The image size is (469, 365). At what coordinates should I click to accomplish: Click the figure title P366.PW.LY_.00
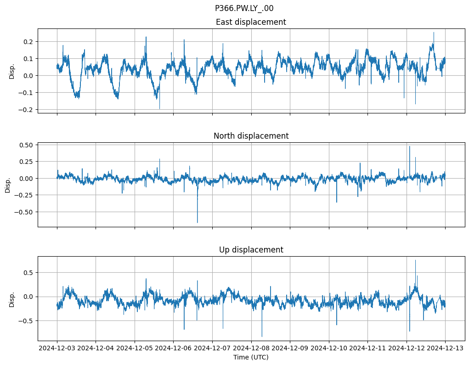coord(244,8)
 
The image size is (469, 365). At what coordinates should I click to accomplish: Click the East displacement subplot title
coord(251,22)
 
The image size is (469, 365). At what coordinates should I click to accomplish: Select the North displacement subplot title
coord(251,136)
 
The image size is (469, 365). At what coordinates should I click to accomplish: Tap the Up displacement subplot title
coord(251,250)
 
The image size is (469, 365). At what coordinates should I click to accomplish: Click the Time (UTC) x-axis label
coord(251,357)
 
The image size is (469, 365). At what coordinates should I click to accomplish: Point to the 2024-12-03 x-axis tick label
coord(57,348)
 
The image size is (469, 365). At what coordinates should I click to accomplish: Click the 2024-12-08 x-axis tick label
coord(251,348)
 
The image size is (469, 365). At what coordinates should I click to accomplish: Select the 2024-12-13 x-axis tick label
coord(445,348)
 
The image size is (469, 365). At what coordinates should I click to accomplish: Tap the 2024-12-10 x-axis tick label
coord(328,348)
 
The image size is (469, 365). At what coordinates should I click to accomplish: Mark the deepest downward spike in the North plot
coord(198,222)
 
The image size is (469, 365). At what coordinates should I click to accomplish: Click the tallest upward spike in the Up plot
coord(415,261)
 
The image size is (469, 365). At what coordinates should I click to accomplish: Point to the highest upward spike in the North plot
coord(409,146)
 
